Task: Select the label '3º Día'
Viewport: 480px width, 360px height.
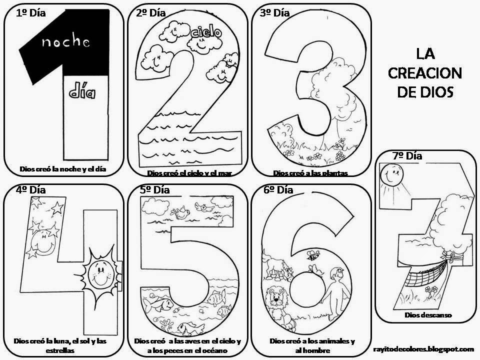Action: point(274,13)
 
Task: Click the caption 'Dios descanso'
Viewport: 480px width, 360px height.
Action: point(428,315)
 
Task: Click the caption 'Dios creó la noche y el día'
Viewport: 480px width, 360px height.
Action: point(63,169)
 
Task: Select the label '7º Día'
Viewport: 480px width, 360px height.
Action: point(407,156)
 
